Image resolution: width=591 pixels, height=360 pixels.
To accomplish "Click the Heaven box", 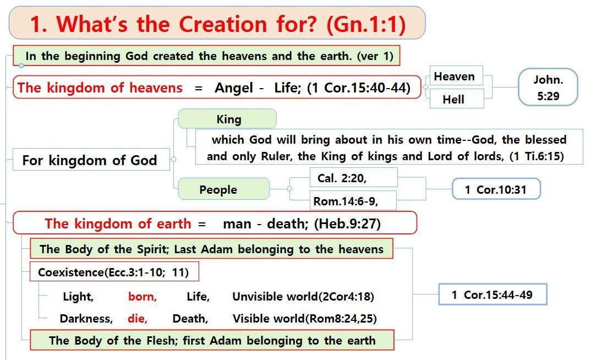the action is tap(456, 76).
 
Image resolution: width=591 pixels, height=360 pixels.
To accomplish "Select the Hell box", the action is tap(456, 99).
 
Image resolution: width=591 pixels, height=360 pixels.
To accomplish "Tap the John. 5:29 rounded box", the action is tap(548, 87).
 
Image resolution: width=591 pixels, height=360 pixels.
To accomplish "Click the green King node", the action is tap(227, 119).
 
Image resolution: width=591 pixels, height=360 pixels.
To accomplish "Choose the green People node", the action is tap(224, 189).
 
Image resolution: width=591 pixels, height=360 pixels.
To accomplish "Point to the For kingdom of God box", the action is tap(91, 160).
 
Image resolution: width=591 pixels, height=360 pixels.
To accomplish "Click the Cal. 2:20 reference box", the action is tap(353, 178).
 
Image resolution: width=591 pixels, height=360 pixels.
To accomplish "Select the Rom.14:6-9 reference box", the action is tap(353, 200).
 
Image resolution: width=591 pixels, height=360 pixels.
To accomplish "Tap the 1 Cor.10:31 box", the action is tap(496, 189).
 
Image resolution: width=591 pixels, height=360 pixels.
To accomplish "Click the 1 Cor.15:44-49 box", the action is tap(492, 294).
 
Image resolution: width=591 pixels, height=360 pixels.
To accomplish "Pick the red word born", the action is tap(143, 297).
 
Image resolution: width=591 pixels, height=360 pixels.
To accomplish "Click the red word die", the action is tap(138, 319).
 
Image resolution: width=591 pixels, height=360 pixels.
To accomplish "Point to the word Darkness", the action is tap(86, 319).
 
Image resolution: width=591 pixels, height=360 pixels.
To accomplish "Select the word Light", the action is tap(78, 297).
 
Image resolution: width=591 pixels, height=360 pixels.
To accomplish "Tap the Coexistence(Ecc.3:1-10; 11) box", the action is tap(114, 272).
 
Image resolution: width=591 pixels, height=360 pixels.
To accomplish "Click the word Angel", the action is tap(234, 88).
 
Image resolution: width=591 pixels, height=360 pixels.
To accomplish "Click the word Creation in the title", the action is tap(223, 24).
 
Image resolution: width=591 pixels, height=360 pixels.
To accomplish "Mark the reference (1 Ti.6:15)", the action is tap(537, 156).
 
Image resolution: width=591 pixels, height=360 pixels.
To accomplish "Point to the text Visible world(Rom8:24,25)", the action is tap(304, 319).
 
